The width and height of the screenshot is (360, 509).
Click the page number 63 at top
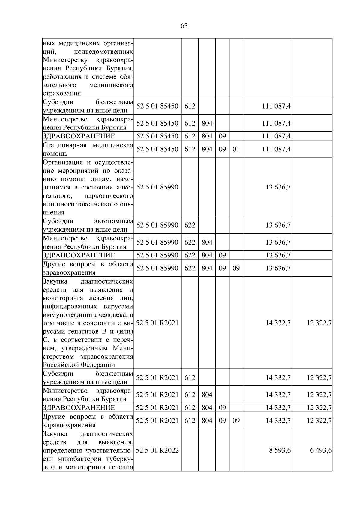(184, 26)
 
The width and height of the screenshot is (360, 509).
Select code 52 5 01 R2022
(157, 450)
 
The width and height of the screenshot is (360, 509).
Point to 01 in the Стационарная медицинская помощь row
(236, 149)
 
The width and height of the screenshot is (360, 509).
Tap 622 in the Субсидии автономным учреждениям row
(190, 225)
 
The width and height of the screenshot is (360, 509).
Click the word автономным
(113, 222)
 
